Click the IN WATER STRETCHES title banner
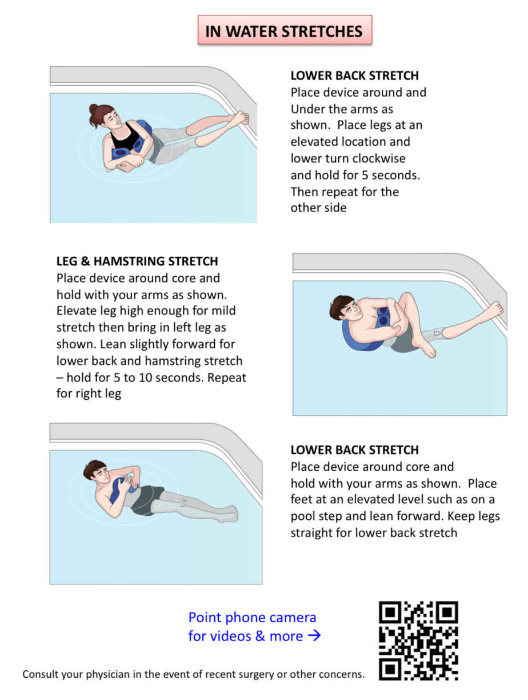[x=284, y=31]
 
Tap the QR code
[x=418, y=640]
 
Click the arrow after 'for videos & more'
[x=314, y=636]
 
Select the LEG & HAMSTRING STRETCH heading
[x=137, y=261]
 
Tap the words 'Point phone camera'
[x=252, y=618]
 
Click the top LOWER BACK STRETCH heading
[x=354, y=75]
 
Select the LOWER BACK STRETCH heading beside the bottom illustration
[x=354, y=450]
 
